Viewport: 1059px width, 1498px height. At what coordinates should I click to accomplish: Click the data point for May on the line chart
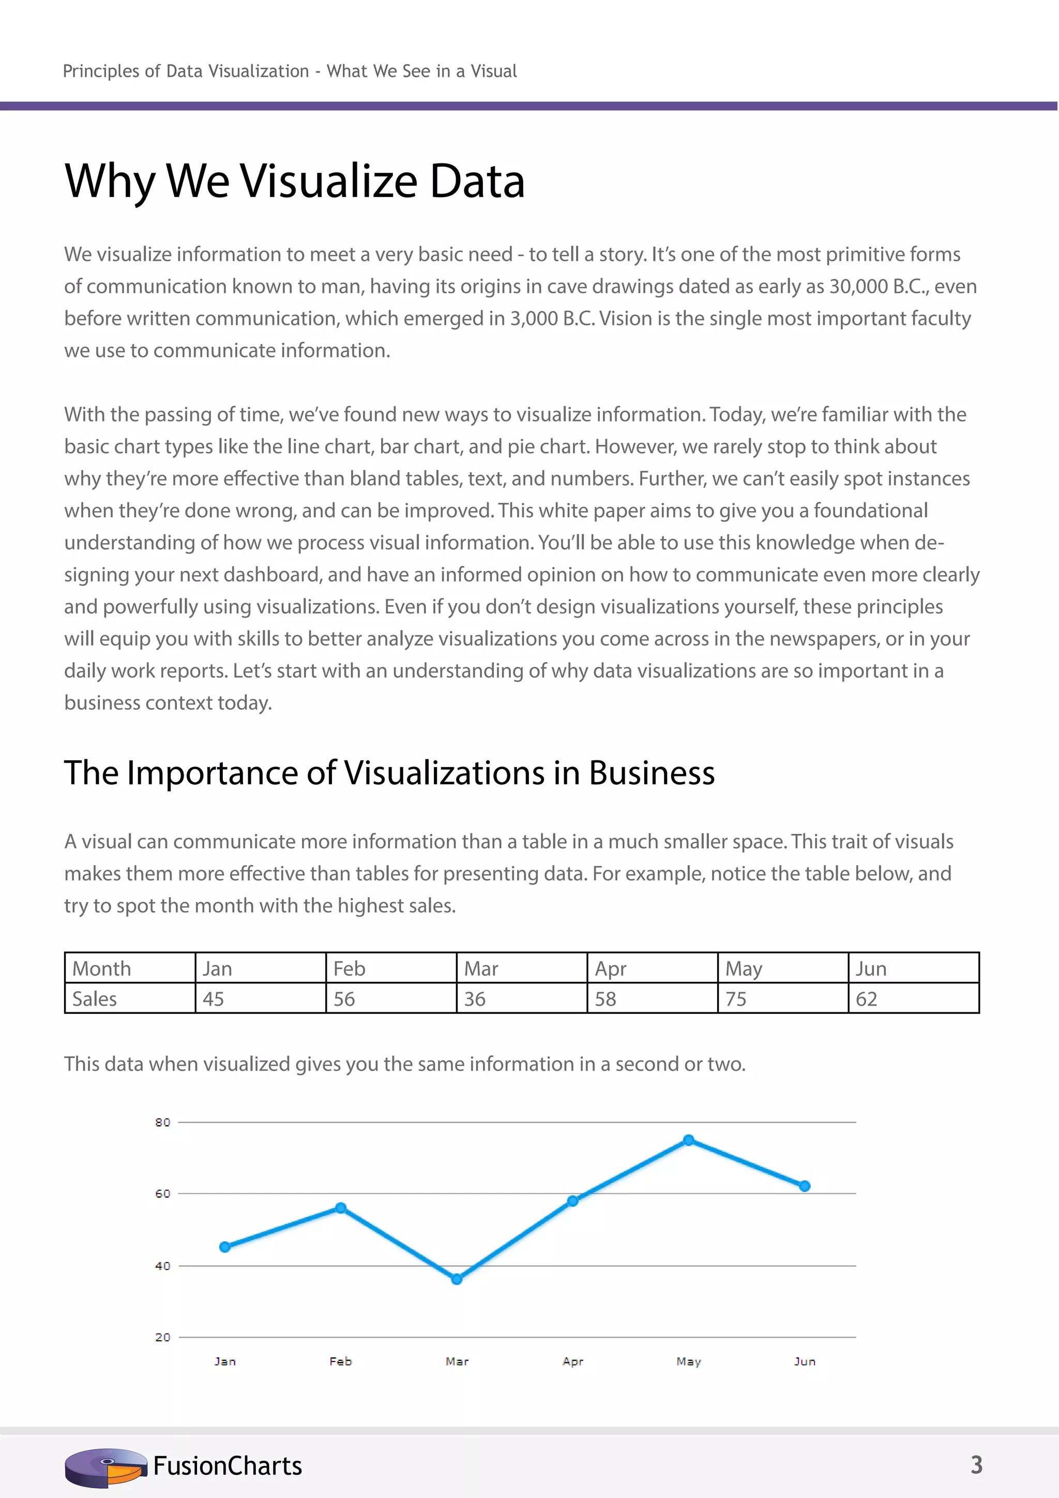[689, 1140]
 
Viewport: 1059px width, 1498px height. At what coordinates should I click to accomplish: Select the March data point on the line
[457, 1279]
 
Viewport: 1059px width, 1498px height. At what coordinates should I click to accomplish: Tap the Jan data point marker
[225, 1247]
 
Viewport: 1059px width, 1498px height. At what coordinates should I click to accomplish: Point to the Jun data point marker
[805, 1186]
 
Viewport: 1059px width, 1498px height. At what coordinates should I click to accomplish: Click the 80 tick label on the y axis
[162, 1122]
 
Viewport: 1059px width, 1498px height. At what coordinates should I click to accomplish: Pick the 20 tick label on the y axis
[162, 1337]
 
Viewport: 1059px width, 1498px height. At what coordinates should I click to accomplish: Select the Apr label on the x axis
[572, 1361]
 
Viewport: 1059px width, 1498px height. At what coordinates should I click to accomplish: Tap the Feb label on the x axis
[340, 1361]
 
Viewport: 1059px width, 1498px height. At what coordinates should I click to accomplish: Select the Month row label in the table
[102, 969]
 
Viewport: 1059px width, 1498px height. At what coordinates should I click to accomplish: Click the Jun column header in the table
[871, 969]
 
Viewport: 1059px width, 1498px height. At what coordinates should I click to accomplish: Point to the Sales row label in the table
[95, 999]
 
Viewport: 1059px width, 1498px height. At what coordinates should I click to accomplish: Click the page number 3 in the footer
[976, 1465]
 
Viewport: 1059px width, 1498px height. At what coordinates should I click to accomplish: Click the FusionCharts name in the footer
[228, 1466]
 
